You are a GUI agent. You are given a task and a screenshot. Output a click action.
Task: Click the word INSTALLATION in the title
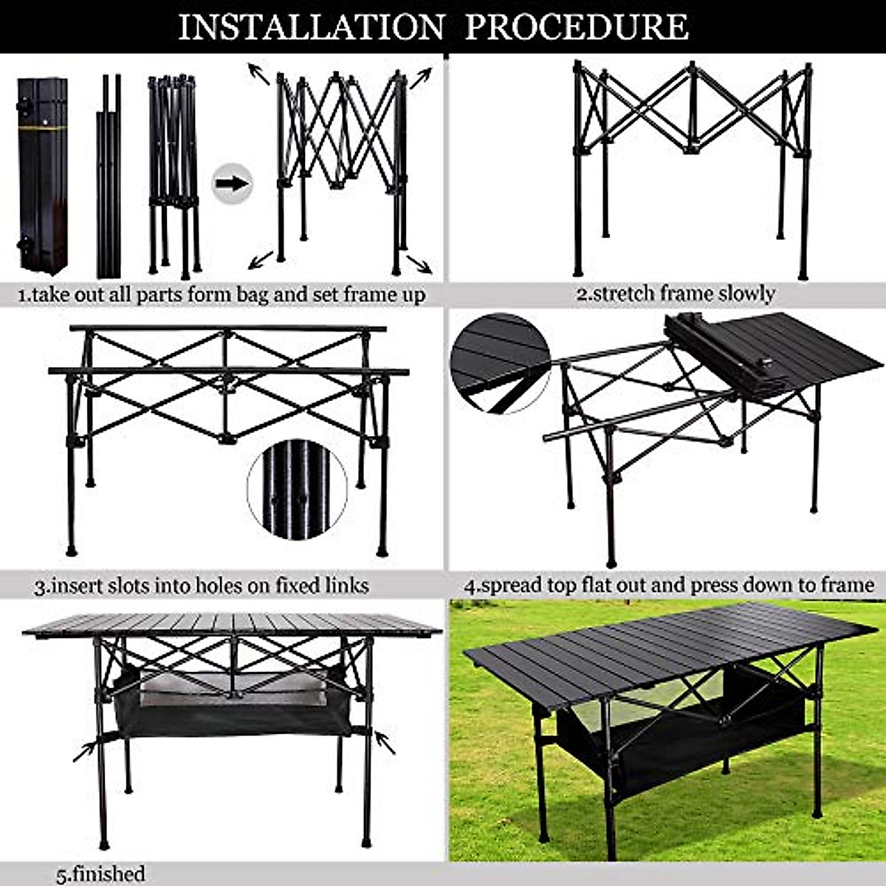click(311, 27)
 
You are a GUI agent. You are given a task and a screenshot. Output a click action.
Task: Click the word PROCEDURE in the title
click(577, 27)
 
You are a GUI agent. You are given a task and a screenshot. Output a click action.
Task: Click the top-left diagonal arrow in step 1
click(258, 73)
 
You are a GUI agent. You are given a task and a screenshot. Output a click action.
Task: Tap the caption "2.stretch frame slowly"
click(675, 293)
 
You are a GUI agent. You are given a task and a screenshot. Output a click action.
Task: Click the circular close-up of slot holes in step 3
click(298, 490)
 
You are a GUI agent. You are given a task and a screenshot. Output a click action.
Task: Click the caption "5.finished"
click(101, 873)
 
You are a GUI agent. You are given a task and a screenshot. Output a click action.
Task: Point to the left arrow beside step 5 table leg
click(85, 750)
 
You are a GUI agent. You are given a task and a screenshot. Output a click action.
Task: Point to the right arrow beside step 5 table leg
click(385, 741)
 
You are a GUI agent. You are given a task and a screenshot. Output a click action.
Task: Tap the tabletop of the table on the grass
click(664, 642)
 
